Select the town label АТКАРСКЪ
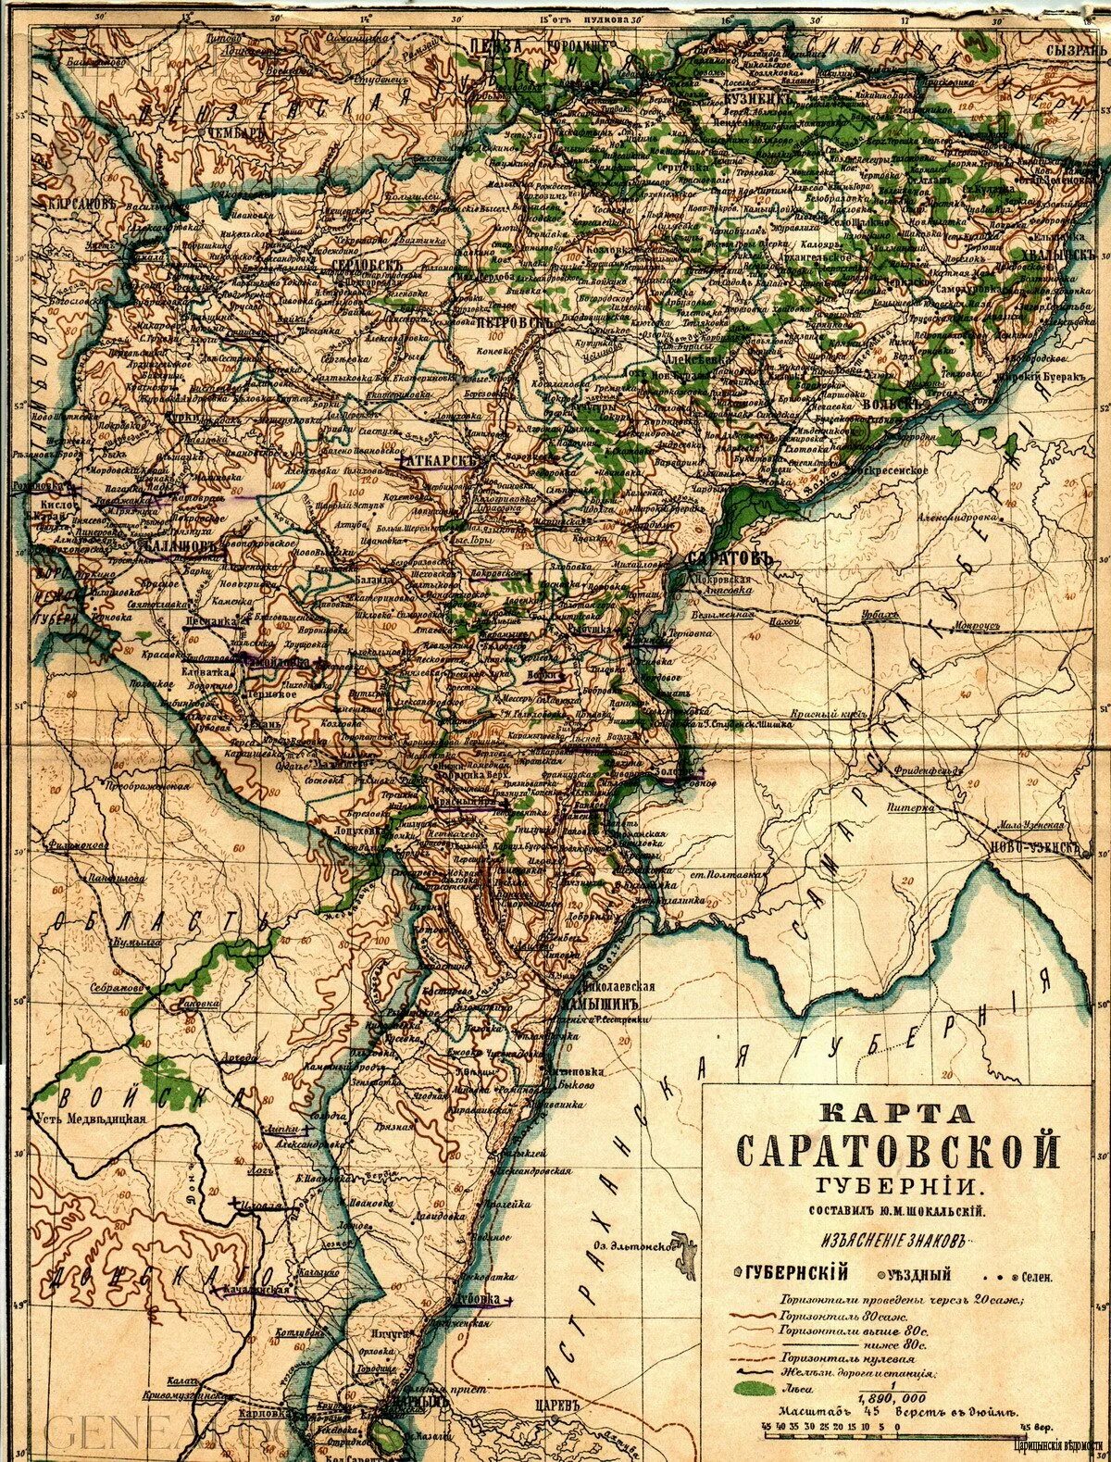pyautogui.click(x=442, y=460)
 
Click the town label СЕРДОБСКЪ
pyautogui.click(x=368, y=265)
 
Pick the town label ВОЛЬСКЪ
pyautogui.click(x=894, y=405)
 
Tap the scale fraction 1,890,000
pyautogui.click(x=892, y=1397)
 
